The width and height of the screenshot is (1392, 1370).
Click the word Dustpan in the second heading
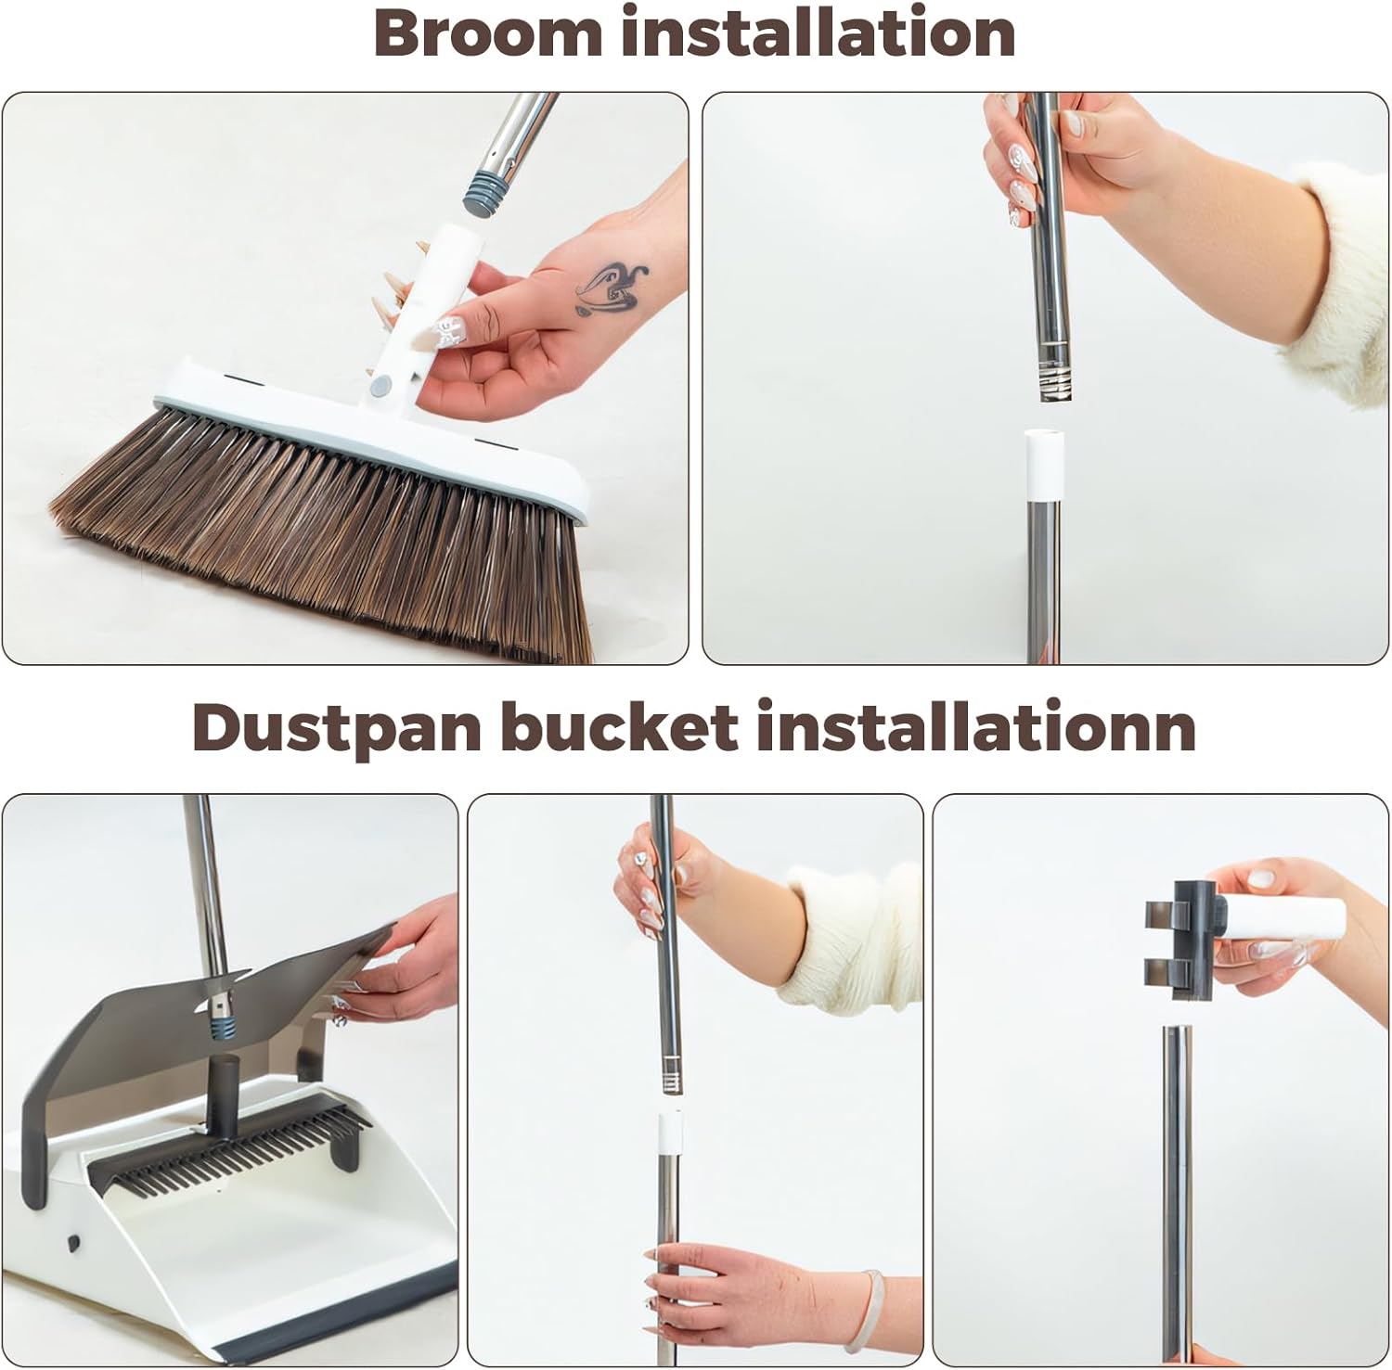tap(338, 728)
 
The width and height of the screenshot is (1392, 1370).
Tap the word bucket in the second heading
tap(619, 727)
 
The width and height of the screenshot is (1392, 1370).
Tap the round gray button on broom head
tap(379, 383)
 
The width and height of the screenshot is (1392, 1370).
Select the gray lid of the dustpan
tap(213, 1011)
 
